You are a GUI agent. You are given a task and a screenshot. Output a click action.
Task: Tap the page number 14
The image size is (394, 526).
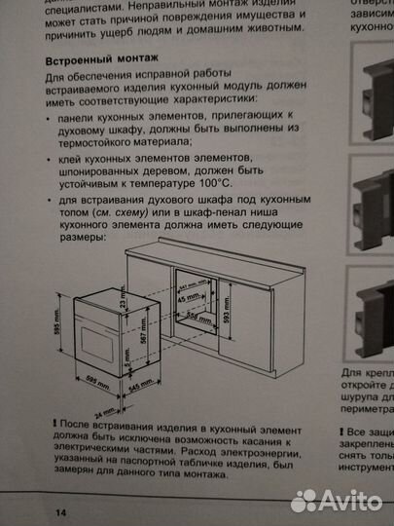pos(61,511)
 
